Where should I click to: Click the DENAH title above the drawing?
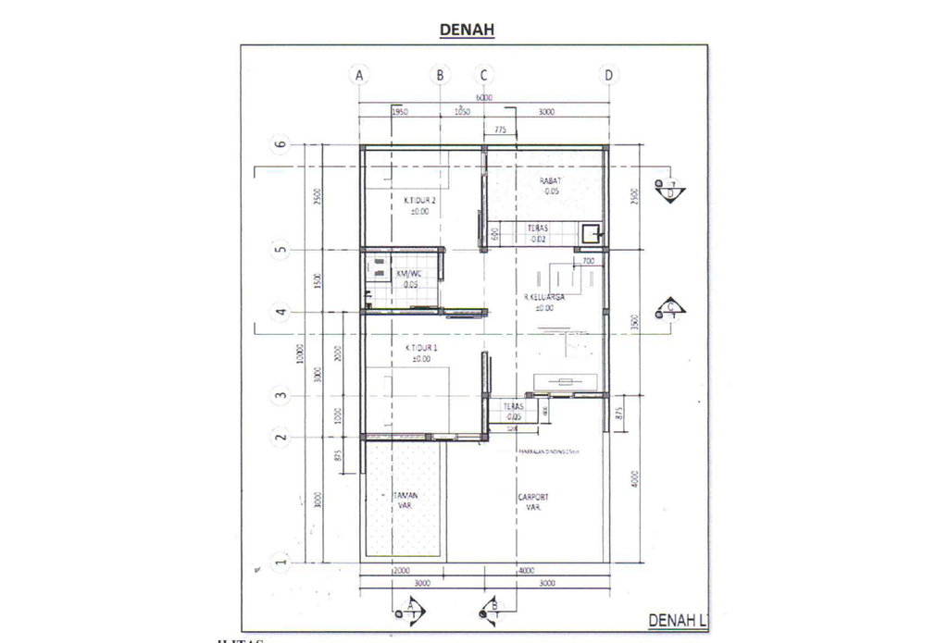click(468, 30)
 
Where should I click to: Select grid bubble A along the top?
click(359, 75)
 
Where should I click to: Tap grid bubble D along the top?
click(608, 75)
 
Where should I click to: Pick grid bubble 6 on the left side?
click(279, 144)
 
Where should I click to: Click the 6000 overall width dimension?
click(483, 97)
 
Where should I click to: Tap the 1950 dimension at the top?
click(400, 112)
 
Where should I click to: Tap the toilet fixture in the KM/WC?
click(379, 269)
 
